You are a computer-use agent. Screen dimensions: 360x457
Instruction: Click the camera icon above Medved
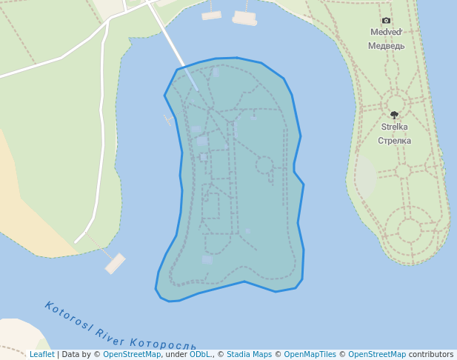point(386,21)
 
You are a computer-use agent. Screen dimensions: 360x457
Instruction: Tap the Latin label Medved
point(386,33)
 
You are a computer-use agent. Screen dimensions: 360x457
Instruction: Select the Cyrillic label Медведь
point(386,45)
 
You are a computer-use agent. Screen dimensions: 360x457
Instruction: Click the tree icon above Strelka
point(394,115)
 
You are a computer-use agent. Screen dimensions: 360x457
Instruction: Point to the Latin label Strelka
point(394,127)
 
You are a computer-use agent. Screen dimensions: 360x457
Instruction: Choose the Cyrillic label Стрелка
point(394,140)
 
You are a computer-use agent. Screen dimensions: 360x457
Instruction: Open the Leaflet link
point(41,355)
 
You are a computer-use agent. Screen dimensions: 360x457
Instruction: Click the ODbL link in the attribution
point(200,355)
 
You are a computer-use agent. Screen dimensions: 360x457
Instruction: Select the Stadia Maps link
point(249,355)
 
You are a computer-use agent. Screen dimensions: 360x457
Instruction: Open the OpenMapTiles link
point(310,355)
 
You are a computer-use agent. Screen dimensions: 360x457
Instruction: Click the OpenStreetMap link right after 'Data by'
point(131,355)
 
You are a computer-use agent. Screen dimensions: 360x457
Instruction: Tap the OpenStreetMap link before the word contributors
point(376,355)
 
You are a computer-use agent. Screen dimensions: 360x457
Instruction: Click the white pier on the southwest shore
point(115,263)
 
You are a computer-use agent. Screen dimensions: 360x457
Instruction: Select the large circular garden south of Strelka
point(410,229)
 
